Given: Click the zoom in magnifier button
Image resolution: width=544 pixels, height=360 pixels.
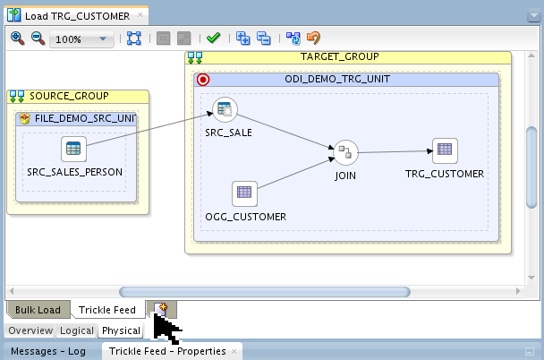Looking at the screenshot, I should (17, 39).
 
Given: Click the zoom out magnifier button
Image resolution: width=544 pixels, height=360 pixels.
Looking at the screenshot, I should (38, 39).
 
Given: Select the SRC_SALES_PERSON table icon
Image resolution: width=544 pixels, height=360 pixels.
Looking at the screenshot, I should (73, 149).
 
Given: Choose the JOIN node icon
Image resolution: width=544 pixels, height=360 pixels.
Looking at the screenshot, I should (344, 151).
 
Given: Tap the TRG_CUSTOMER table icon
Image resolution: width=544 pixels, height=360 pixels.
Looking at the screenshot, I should (445, 150).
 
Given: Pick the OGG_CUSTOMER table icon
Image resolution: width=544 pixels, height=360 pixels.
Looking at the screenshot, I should (243, 193).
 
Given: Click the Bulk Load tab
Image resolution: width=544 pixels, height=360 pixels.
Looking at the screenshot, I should (38, 311).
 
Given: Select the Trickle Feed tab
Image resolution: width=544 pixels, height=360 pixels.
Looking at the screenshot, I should (107, 311).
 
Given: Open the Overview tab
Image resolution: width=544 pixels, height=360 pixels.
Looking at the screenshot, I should (30, 330).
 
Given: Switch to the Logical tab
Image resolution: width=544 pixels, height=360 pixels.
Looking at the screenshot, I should (77, 330).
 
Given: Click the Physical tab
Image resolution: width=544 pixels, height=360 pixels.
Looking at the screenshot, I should (120, 330).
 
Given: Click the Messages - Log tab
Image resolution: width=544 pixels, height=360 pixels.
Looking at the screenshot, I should (48, 351).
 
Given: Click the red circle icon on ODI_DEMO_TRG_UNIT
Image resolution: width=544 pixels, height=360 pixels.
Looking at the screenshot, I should (203, 79).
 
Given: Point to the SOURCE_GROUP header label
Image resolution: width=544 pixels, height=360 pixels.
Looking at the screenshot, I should (69, 96).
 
